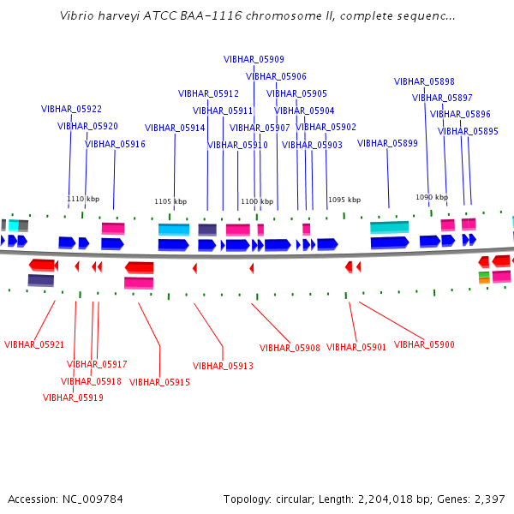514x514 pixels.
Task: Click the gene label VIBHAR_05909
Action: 254,59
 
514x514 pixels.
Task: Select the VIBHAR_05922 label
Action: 71,109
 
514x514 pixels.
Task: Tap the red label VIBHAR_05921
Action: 34,344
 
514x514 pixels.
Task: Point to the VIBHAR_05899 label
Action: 387,143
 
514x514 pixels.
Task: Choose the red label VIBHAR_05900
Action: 424,344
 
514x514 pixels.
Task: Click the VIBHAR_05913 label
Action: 223,366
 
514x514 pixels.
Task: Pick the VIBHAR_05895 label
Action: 468,131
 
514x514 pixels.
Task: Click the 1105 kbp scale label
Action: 170,201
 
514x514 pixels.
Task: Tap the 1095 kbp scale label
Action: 344,200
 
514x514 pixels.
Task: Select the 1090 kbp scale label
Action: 432,197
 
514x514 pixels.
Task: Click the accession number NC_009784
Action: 93,499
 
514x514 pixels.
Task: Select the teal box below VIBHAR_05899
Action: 390,228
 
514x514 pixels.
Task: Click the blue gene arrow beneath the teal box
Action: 390,243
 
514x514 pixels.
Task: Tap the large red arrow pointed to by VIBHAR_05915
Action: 139,268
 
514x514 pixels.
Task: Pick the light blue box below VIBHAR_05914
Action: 174,230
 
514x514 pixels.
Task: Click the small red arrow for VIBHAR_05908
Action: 252,268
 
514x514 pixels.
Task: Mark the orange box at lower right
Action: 484,281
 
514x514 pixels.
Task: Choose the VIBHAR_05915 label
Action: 159,382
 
